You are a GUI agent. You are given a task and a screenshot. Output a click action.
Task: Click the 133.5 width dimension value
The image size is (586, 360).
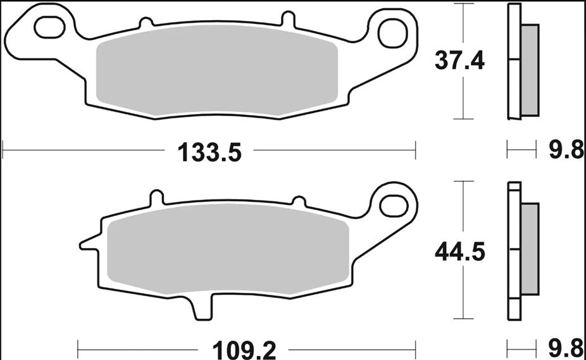click(x=210, y=152)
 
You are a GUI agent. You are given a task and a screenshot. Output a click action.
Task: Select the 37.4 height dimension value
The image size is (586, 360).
click(x=459, y=61)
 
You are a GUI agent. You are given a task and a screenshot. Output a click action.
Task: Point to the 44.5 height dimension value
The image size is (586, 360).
click(x=459, y=252)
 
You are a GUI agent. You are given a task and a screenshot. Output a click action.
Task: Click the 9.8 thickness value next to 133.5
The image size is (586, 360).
click(x=564, y=151)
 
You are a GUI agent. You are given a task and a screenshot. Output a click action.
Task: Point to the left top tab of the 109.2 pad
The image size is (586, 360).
click(x=154, y=197)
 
